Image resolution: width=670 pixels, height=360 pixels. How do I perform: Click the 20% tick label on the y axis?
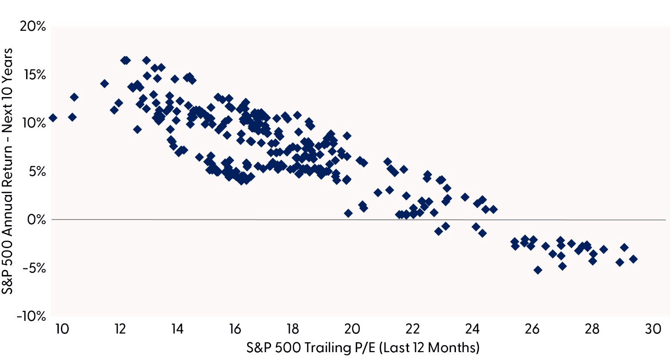[33, 27]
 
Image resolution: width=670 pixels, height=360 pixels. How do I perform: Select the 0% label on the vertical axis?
[36, 219]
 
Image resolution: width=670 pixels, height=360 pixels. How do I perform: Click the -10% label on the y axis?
[31, 316]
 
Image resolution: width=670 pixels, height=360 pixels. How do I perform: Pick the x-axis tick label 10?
[62, 329]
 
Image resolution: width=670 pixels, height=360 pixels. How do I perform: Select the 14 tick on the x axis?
[177, 329]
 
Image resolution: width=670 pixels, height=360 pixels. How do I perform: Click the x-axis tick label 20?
[352, 329]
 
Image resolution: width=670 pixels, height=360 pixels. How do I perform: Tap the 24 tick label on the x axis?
[472, 329]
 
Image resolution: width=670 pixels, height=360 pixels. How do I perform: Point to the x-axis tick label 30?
[653, 329]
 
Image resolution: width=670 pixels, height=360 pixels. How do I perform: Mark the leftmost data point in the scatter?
[53, 118]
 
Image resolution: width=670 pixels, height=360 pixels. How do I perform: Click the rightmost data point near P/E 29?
[633, 259]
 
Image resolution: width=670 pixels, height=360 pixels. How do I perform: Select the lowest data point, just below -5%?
[538, 270]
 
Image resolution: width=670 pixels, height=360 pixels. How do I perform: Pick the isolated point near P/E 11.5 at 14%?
[104, 84]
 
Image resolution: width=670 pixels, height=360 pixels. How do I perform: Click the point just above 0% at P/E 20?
[348, 213]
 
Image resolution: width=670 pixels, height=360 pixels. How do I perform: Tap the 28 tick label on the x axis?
[593, 329]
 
